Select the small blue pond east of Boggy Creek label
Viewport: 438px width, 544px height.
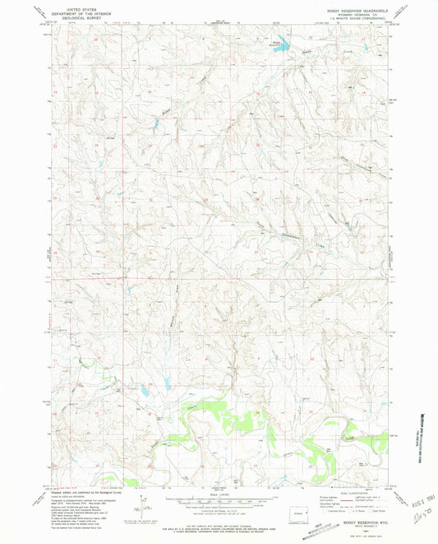(154, 124)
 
